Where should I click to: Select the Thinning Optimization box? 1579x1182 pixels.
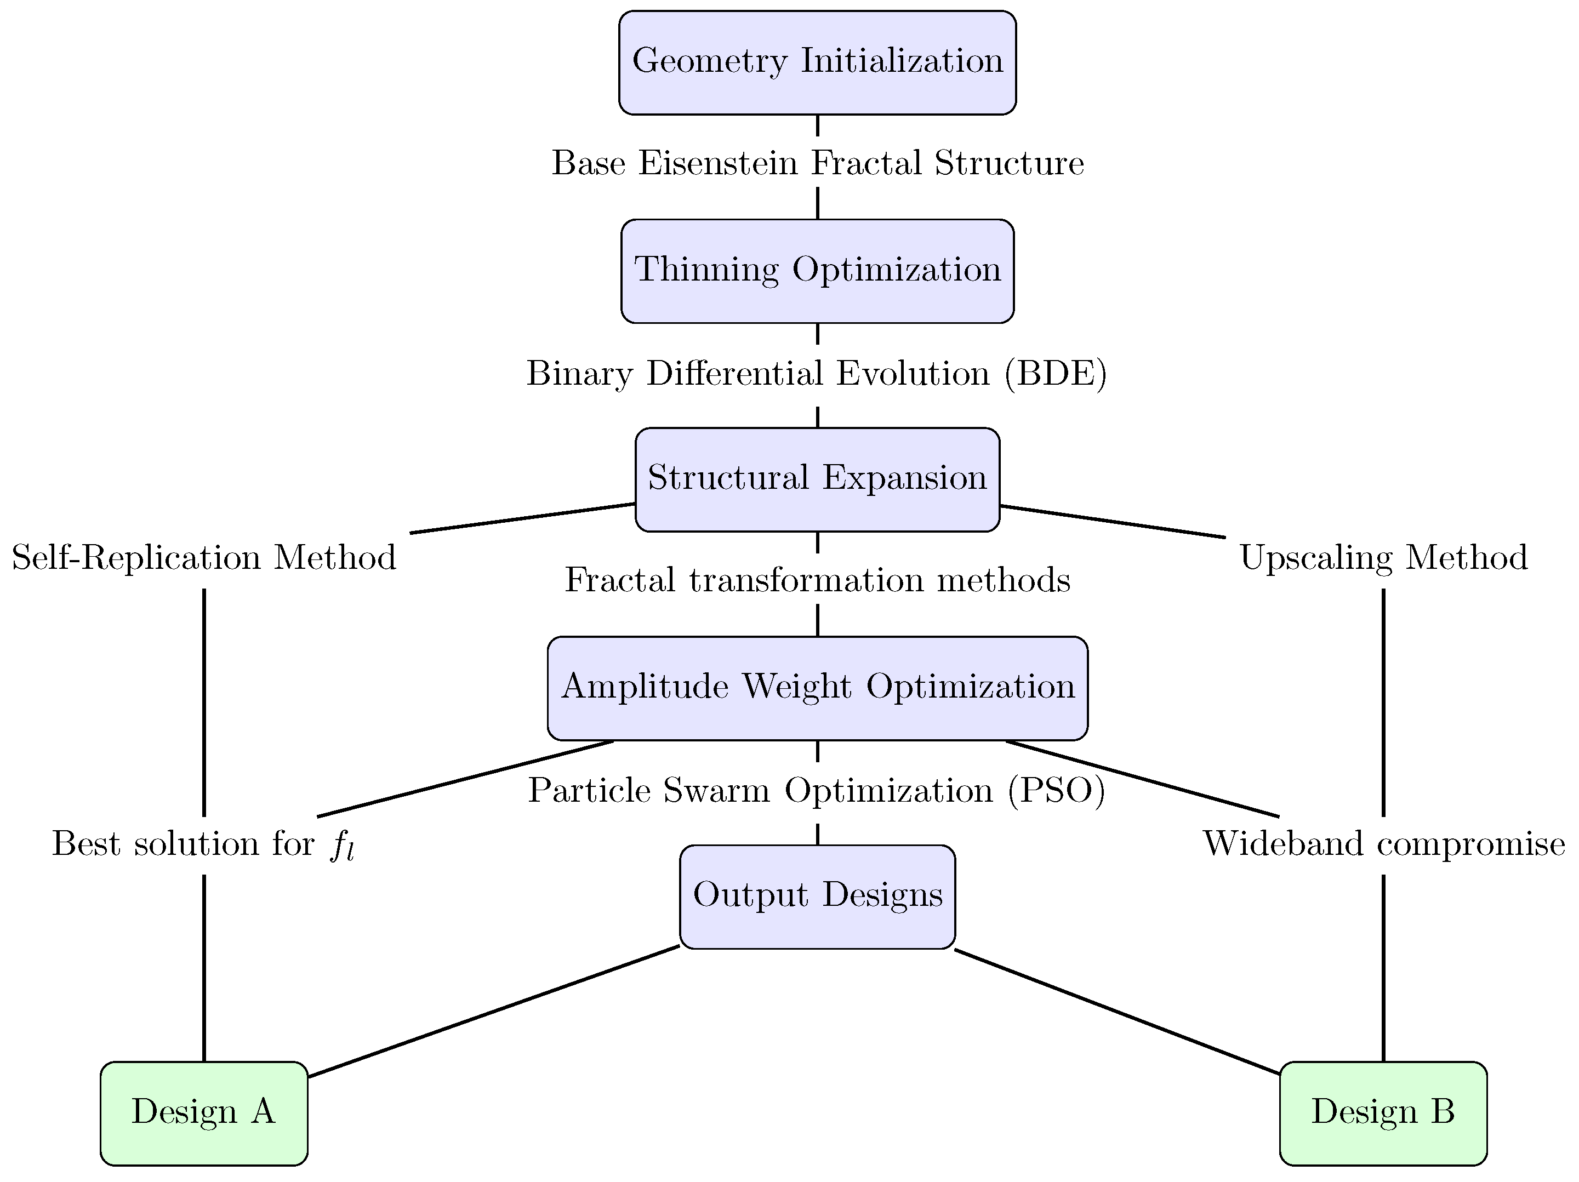pos(817,271)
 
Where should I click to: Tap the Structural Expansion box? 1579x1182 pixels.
pos(817,479)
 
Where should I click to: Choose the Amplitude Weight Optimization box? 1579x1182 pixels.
pos(817,688)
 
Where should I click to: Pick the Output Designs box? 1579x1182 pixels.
pos(817,897)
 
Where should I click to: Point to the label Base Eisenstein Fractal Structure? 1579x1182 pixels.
pos(817,163)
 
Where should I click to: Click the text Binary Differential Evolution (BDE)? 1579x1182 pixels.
pos(817,373)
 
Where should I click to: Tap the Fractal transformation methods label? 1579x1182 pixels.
pos(817,580)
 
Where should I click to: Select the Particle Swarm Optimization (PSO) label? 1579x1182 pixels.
pos(817,791)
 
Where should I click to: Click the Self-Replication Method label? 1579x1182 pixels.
pos(204,557)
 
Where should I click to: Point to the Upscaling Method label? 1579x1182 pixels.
pos(1383,557)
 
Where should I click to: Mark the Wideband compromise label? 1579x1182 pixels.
pos(1383,844)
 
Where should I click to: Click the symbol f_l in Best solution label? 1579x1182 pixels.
pos(343,847)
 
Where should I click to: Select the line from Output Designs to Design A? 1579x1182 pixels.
pos(493,1012)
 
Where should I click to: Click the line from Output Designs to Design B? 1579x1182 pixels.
pos(1117,1012)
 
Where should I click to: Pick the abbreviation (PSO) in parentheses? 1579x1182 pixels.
pos(1057,791)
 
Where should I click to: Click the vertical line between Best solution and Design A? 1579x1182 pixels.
pos(204,967)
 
